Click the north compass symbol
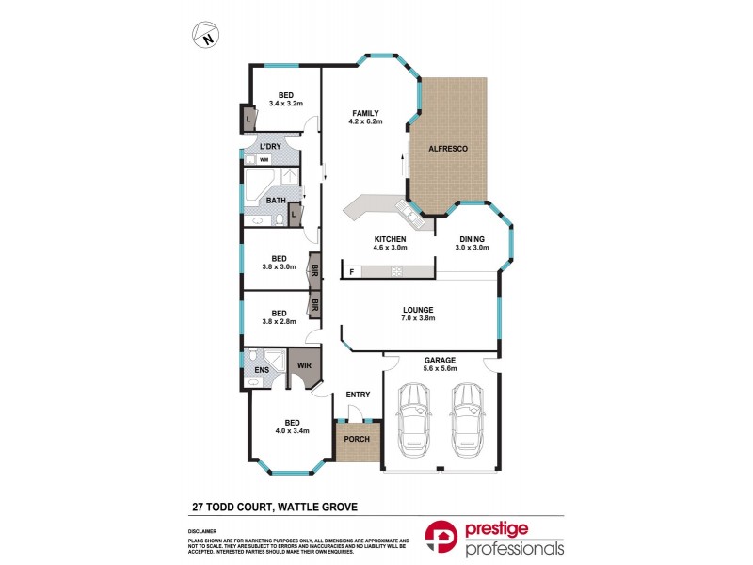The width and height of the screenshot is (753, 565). coord(204,37)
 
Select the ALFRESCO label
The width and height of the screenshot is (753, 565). coord(448,149)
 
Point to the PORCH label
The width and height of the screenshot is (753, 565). coord(357,440)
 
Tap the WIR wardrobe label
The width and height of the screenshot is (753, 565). coord(304,364)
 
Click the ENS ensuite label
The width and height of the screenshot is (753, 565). coord(261,371)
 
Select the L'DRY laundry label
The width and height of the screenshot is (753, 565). coord(271,148)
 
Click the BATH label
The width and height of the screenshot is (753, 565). coord(276,200)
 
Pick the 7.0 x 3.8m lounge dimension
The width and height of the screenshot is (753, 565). coord(417,318)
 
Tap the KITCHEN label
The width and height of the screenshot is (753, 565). coord(390,239)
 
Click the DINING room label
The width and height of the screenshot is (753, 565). coord(473,239)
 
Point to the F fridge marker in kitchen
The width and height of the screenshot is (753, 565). coord(352,272)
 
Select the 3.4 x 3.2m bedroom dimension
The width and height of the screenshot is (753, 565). coord(285,103)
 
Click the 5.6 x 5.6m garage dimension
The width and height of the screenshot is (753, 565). coord(440,369)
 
